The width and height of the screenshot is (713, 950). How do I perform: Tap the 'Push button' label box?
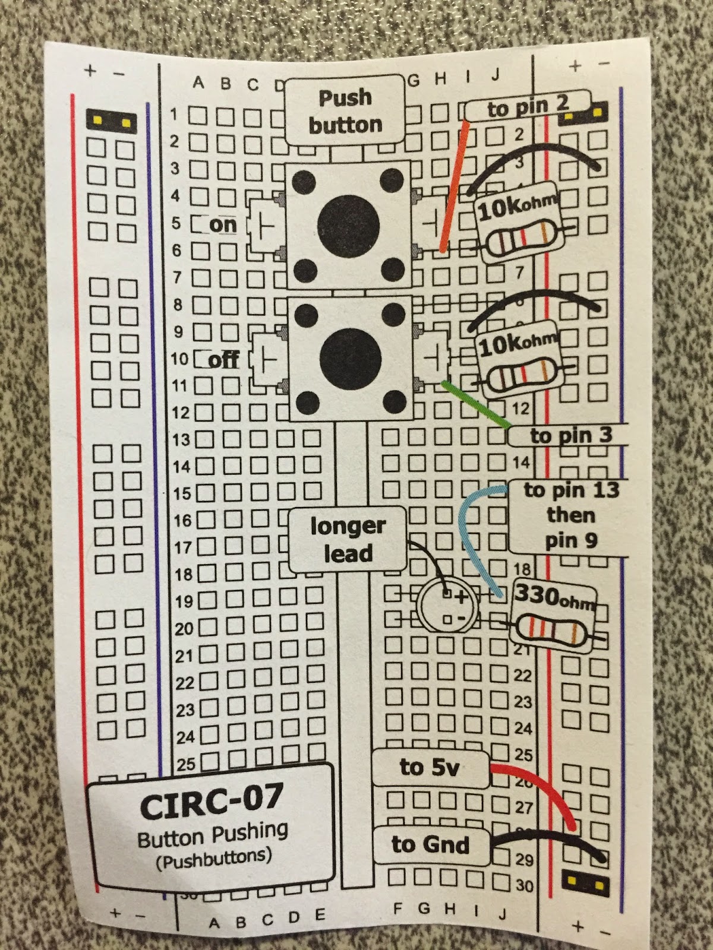click(345, 111)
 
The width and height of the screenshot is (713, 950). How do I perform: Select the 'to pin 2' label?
click(528, 107)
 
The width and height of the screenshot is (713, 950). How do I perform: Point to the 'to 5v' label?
click(430, 767)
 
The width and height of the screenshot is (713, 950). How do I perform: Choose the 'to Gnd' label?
click(430, 844)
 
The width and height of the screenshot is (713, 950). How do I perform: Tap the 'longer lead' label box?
click(348, 539)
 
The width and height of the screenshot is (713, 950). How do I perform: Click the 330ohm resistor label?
click(553, 596)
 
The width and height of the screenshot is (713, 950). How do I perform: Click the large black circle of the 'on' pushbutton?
click(348, 223)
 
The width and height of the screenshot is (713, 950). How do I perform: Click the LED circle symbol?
click(447, 606)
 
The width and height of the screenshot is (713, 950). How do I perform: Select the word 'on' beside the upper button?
click(223, 225)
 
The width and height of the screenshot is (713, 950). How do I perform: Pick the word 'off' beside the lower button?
click(224, 360)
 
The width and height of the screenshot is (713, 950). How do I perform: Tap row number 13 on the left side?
click(181, 440)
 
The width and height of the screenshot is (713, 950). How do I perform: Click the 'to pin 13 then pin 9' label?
click(569, 515)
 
